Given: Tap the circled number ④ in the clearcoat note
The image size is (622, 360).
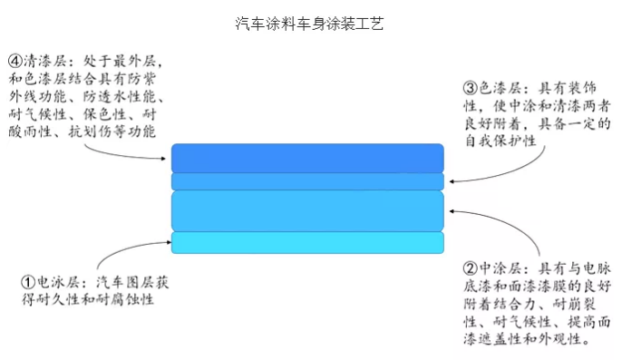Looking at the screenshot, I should click(x=15, y=61).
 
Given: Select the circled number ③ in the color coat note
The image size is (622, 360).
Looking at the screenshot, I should click(x=471, y=88).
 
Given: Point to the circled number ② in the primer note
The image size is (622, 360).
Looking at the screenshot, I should click(x=470, y=269).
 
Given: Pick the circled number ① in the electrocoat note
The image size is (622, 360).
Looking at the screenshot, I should click(x=28, y=281).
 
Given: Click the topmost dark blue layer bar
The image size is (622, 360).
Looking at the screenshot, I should click(x=307, y=157).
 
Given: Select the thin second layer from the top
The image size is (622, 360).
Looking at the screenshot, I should click(x=307, y=181).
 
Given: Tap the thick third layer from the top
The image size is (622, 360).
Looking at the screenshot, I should click(x=307, y=210).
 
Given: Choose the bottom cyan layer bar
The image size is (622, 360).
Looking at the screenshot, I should click(x=307, y=242).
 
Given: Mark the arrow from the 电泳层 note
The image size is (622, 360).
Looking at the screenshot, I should click(x=136, y=251).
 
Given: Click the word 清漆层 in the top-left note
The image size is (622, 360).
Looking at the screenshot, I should click(x=43, y=61).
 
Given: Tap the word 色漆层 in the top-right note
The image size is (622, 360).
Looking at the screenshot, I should click(x=498, y=88).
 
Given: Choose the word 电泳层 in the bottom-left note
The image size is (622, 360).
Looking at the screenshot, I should click(x=56, y=281).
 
